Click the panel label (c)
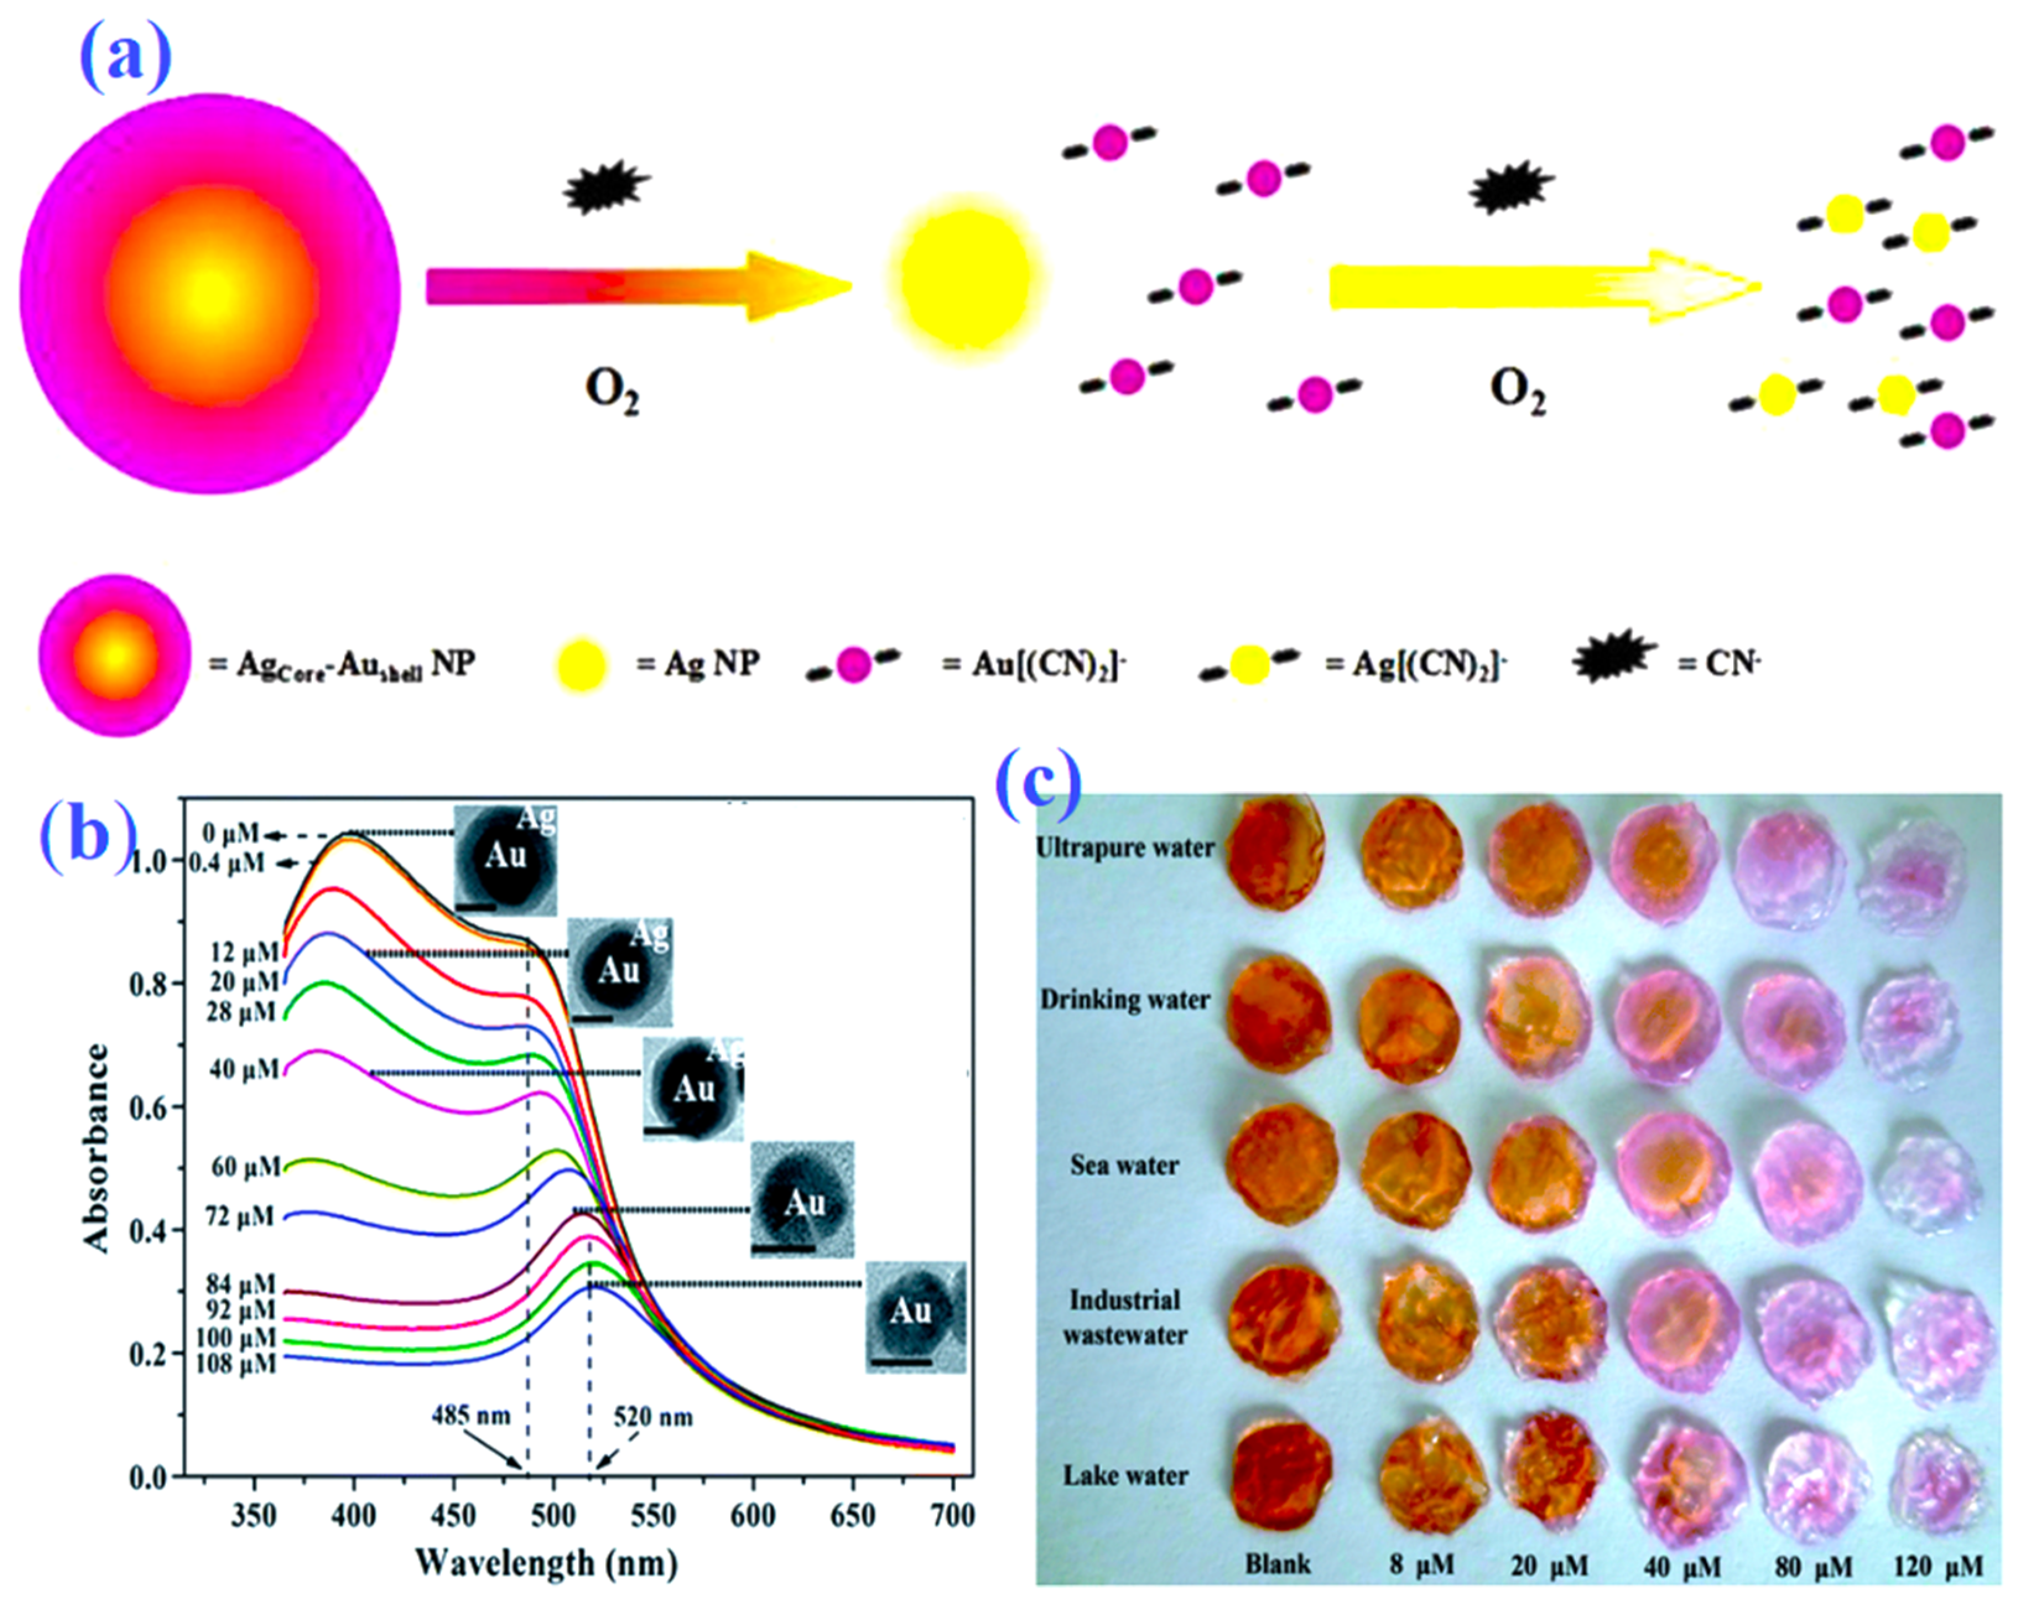1039,781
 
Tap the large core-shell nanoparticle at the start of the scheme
211,287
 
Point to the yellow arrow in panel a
1539,287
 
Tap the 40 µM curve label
244,1069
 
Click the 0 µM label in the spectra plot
230,834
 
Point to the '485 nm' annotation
470,1415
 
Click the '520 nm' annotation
654,1416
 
